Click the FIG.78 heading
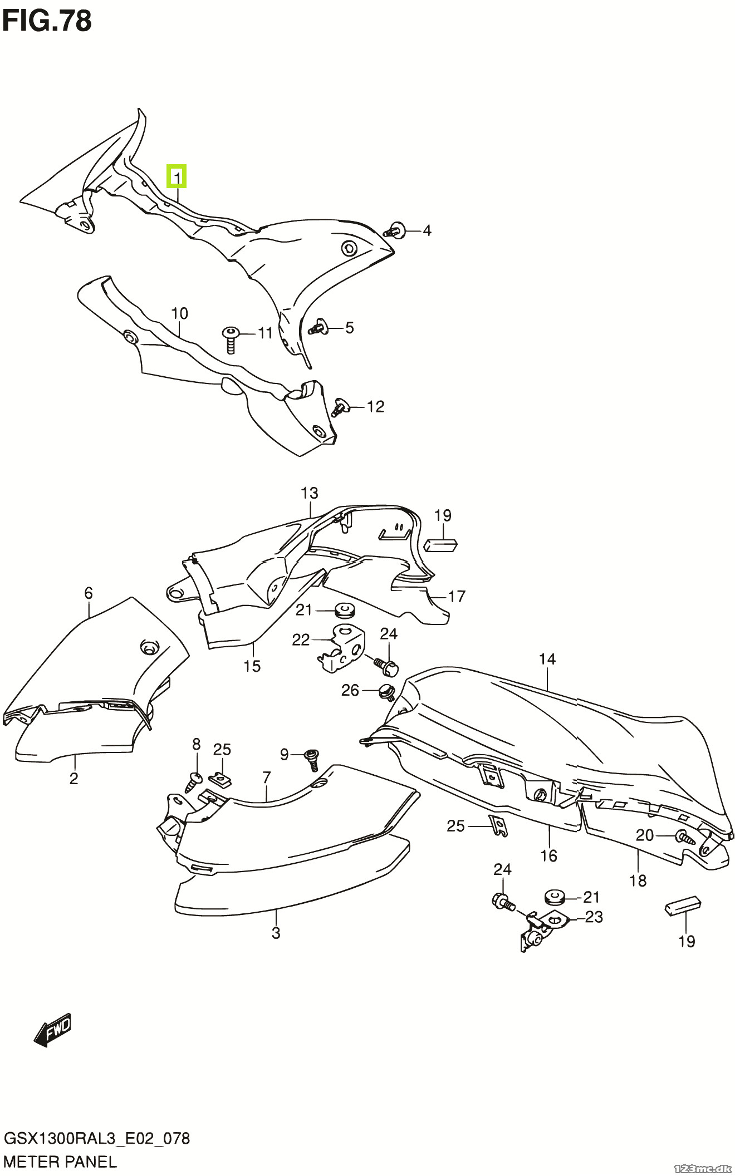[x=47, y=22]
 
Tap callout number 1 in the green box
[x=177, y=178]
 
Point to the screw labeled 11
[x=229, y=339]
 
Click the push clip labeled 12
[x=340, y=407]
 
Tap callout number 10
[x=179, y=314]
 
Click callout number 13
[x=309, y=493]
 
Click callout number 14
[x=547, y=660]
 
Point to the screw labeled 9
[x=312, y=759]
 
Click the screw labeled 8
[x=193, y=781]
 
